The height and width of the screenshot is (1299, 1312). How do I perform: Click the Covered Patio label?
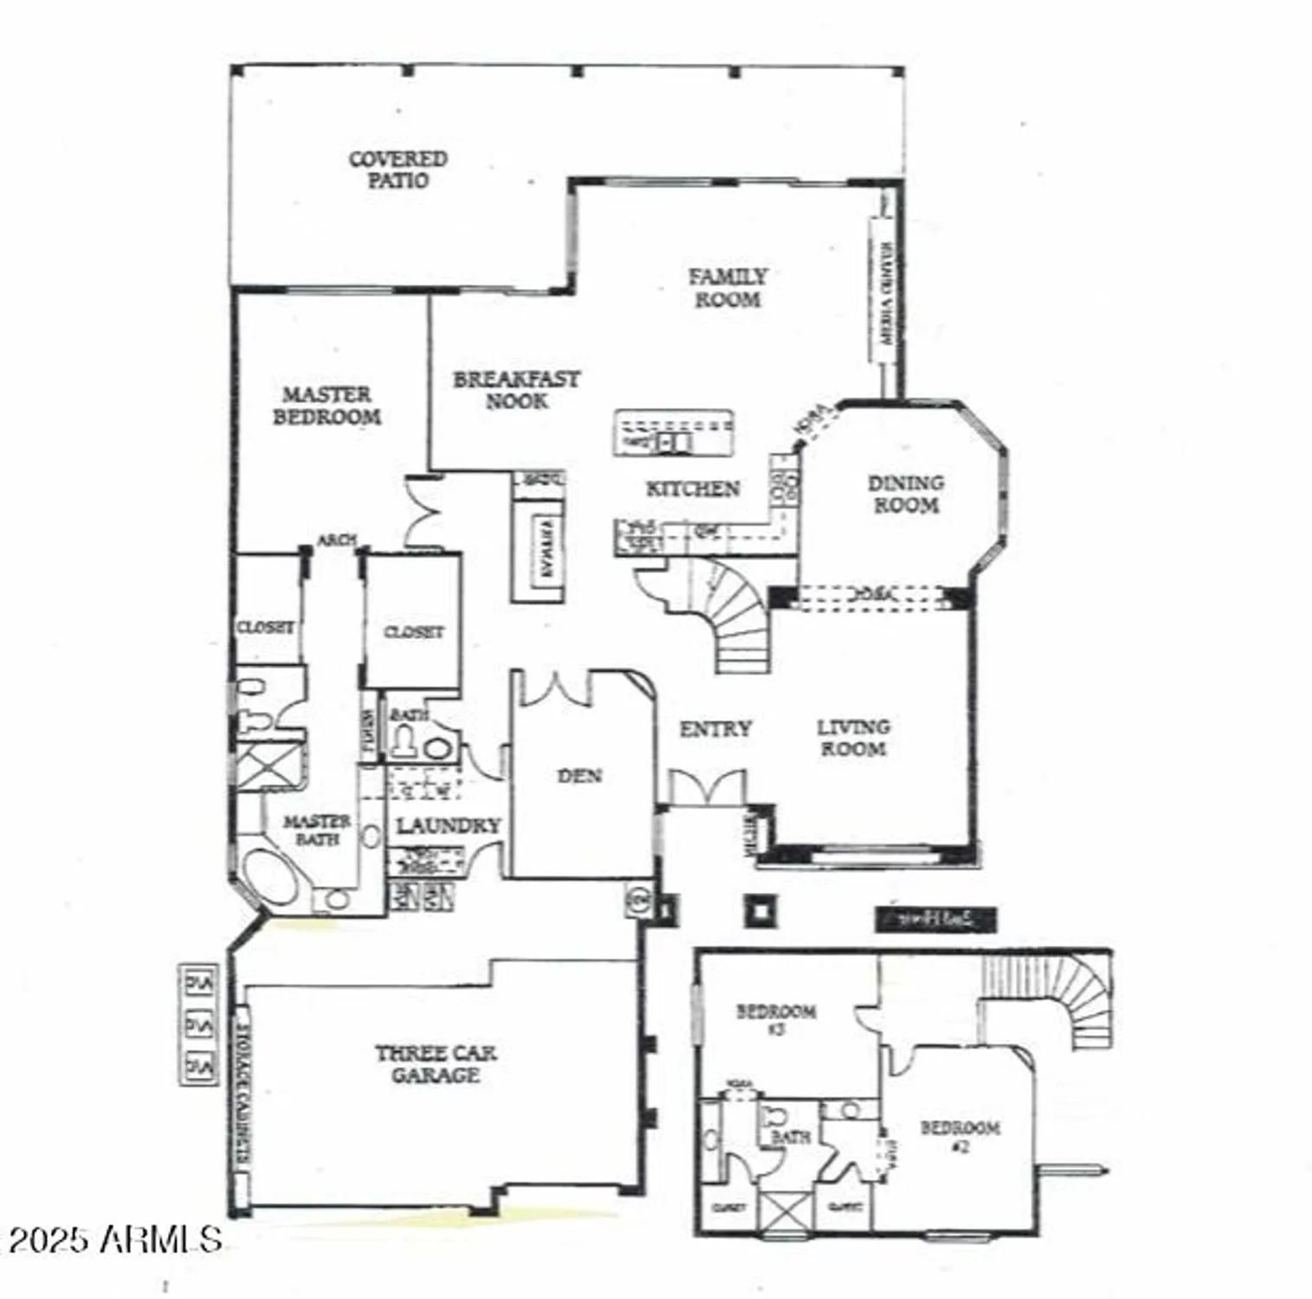(x=397, y=170)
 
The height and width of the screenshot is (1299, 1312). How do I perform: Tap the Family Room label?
(x=727, y=288)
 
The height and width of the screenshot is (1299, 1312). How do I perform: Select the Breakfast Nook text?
(x=516, y=390)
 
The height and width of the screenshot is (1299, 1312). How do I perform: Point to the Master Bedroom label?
(x=326, y=405)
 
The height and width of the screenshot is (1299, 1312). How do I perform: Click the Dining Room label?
(x=906, y=494)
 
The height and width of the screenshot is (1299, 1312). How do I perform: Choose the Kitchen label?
(x=693, y=489)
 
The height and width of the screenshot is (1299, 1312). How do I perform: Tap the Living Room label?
(x=853, y=738)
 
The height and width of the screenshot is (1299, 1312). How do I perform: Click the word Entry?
(x=714, y=729)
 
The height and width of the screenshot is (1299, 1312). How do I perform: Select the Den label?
(x=579, y=776)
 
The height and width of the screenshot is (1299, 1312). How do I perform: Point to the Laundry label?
(x=448, y=826)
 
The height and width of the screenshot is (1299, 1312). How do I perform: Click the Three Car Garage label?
(x=436, y=1063)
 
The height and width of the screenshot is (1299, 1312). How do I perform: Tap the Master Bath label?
(x=317, y=830)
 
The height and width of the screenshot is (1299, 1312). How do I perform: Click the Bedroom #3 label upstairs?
(x=775, y=1019)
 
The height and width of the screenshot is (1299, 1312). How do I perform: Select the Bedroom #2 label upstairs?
(x=960, y=1135)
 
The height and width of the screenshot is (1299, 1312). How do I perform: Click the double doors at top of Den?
(x=555, y=688)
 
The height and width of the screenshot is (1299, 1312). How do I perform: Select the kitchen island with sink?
(x=674, y=432)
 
